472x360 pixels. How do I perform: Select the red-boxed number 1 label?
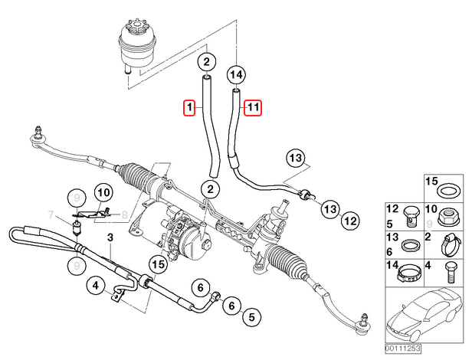tap(189, 107)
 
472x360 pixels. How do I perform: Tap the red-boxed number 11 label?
tap(253, 107)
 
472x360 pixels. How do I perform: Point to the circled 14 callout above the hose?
tap(236, 74)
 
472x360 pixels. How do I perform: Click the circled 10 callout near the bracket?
tap(103, 192)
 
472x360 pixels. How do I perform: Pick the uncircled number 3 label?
tap(110, 237)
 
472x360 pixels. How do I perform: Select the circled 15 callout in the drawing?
tap(159, 264)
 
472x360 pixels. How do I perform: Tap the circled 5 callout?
tap(251, 316)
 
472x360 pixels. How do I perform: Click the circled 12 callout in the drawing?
tap(350, 221)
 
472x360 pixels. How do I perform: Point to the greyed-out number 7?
tap(51, 215)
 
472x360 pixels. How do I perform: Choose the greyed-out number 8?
tap(124, 215)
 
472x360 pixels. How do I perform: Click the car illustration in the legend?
tap(424, 315)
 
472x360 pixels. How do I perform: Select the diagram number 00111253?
tap(403, 349)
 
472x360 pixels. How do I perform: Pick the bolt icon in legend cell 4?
tap(451, 273)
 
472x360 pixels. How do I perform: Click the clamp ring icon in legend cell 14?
tap(408, 273)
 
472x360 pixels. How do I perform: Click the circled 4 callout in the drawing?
tap(96, 285)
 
